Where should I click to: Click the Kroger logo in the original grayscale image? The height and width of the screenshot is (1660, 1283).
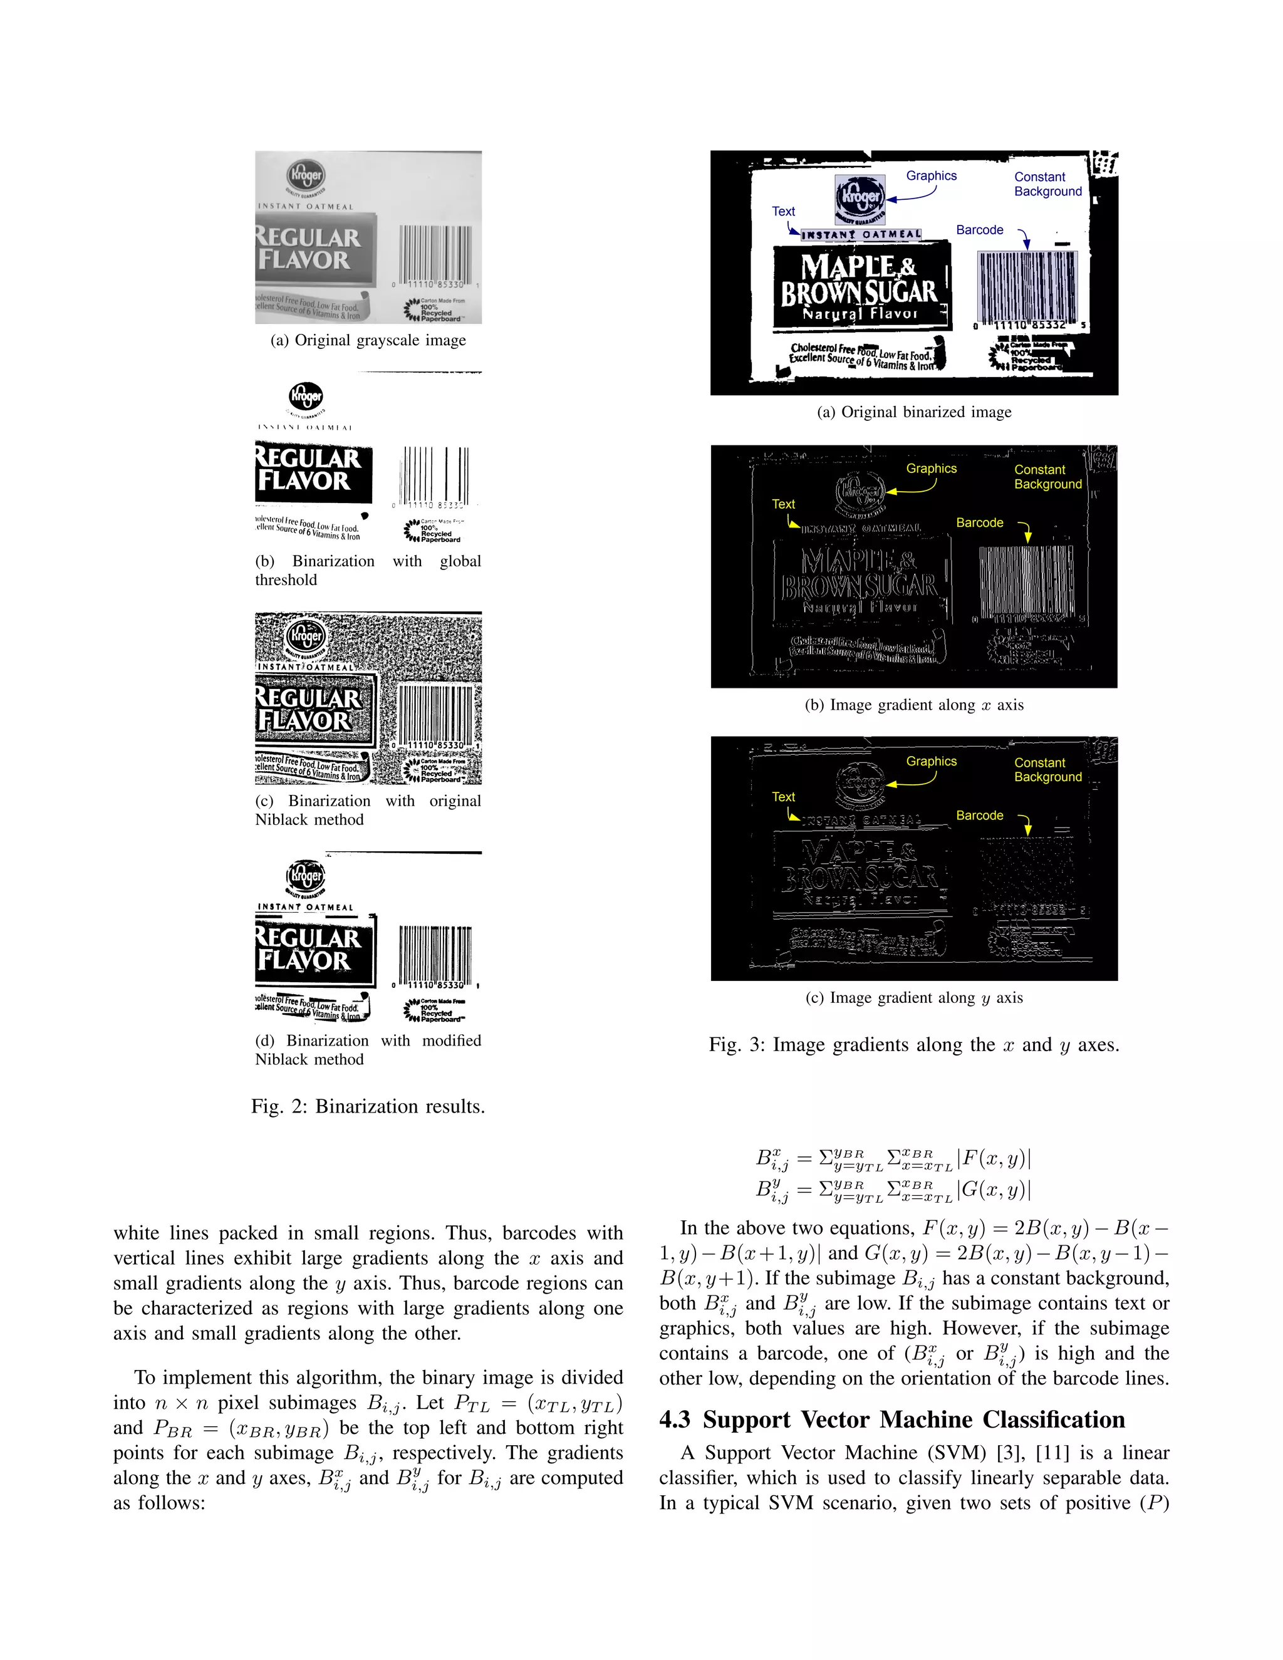click(306, 175)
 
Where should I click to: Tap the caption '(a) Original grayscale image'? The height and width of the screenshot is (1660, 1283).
click(368, 341)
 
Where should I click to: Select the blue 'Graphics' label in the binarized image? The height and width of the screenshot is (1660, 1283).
click(931, 175)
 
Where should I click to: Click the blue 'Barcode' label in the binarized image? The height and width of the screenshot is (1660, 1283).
click(979, 229)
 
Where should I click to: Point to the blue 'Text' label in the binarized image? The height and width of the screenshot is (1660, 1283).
click(783, 211)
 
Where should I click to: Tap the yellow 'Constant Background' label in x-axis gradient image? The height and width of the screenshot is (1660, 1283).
click(1047, 477)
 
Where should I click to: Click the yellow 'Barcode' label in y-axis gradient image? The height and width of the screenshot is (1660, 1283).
click(979, 815)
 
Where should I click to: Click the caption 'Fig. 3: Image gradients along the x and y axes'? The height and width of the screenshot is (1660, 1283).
click(913, 1044)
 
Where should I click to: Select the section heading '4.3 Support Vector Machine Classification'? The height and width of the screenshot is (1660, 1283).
click(891, 1420)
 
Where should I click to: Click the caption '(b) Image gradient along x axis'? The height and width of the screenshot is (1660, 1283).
click(913, 705)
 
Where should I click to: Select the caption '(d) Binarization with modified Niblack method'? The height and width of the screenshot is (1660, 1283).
click(368, 1050)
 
